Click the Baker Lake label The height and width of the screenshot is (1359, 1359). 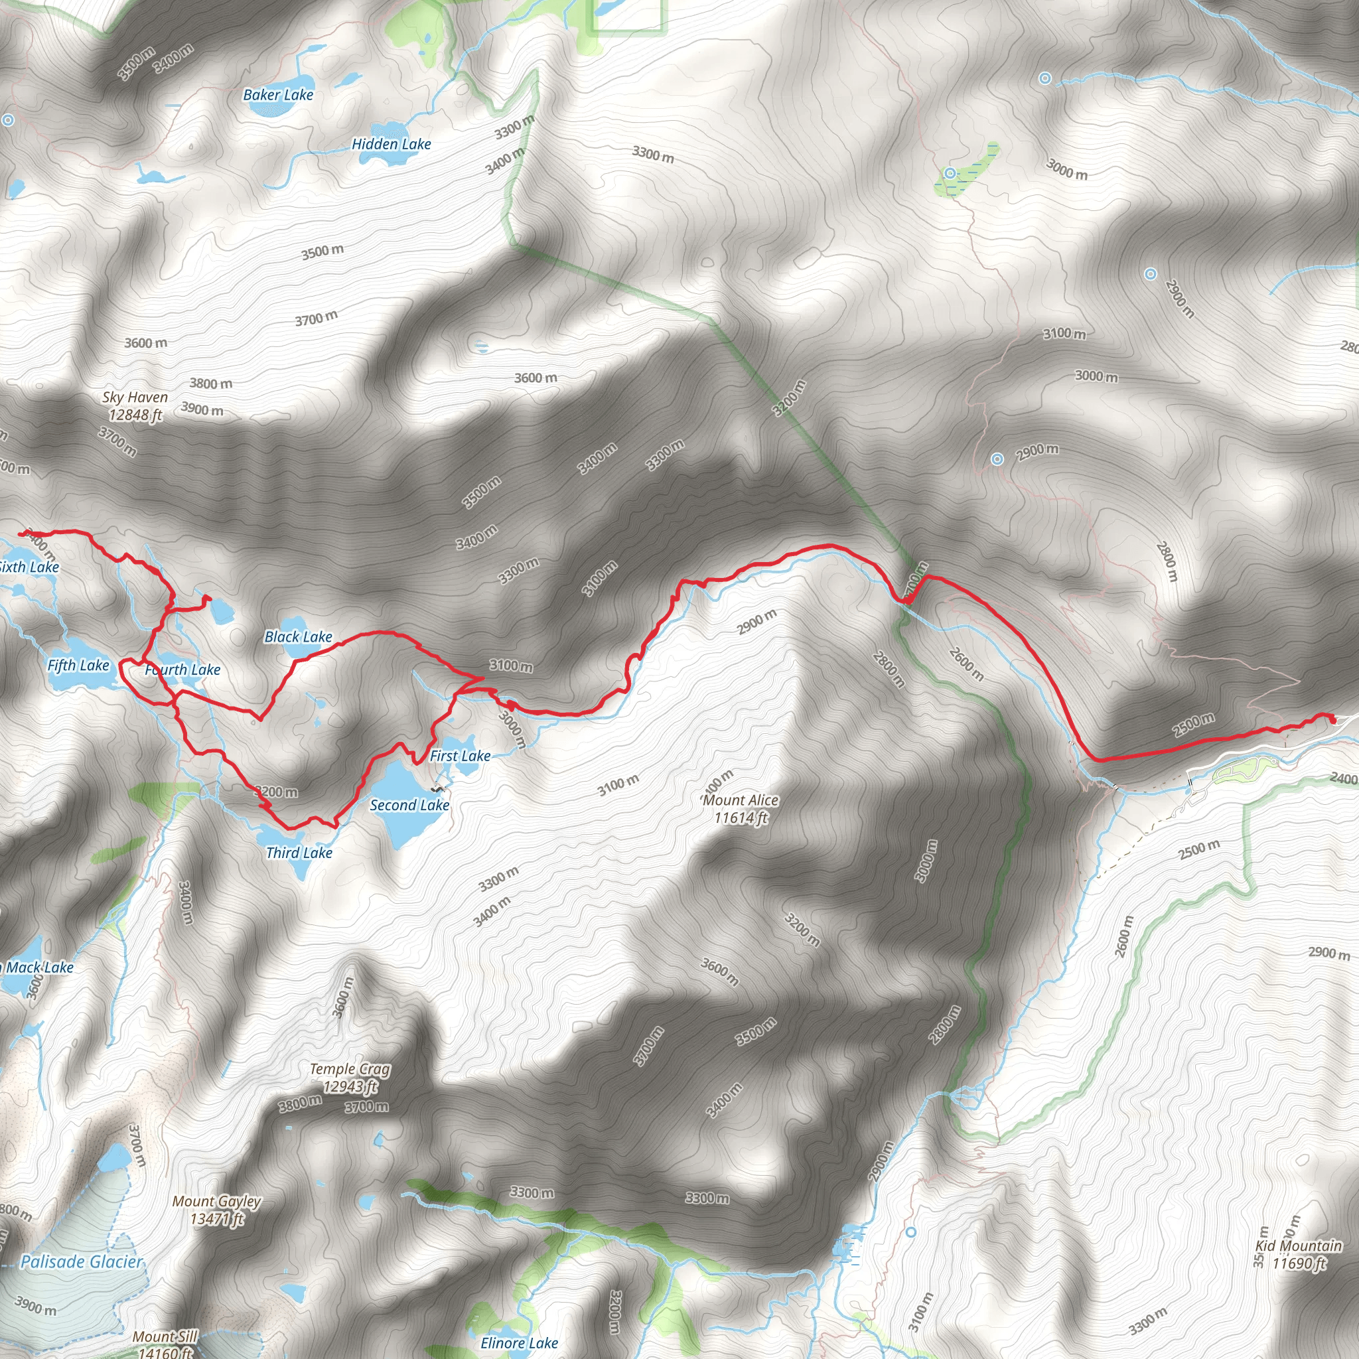tap(278, 95)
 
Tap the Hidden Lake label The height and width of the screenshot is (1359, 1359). tap(391, 144)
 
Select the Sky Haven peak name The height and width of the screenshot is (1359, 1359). tap(135, 398)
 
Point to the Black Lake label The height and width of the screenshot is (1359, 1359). tap(298, 636)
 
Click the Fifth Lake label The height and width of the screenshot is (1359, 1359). tap(78, 666)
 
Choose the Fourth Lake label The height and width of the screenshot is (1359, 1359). tap(183, 670)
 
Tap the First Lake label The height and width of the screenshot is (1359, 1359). tap(460, 756)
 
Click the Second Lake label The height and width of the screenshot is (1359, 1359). tap(409, 806)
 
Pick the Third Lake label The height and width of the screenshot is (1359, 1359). tap(299, 853)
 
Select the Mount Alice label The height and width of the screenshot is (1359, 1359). tap(741, 800)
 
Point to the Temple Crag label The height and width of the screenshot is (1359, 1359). tap(350, 1069)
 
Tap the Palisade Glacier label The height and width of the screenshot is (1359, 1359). tap(82, 1262)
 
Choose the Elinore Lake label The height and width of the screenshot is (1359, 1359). tap(519, 1343)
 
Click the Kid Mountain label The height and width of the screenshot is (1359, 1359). tap(1299, 1246)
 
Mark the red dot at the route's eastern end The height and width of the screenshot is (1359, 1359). tap(1332, 718)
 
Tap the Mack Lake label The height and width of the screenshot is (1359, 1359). tap(39, 967)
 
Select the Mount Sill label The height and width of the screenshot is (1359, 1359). tap(165, 1336)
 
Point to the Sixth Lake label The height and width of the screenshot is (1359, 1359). tap(30, 567)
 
